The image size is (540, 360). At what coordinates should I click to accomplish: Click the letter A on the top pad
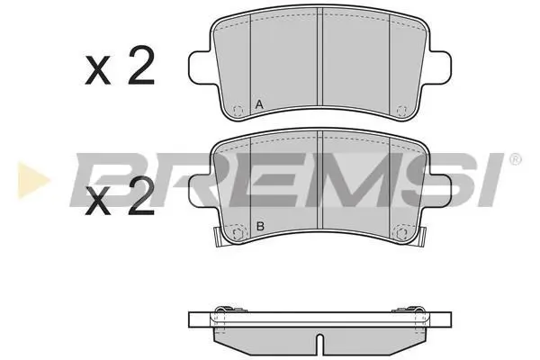tap(259, 104)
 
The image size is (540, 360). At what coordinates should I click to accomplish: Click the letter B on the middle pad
tap(260, 226)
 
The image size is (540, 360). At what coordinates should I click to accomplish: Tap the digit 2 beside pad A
tap(141, 65)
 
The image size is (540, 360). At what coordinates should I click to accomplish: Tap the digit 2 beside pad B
tap(141, 195)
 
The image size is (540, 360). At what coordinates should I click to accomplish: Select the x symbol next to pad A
tap(98, 70)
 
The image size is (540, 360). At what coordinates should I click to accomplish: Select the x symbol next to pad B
tap(98, 202)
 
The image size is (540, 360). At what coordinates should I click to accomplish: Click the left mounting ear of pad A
tap(200, 67)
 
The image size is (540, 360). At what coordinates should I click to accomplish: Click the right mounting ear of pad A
tap(440, 67)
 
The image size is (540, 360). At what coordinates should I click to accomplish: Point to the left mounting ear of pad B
tap(200, 192)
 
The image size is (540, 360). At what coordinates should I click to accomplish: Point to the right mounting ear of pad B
tap(440, 192)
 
